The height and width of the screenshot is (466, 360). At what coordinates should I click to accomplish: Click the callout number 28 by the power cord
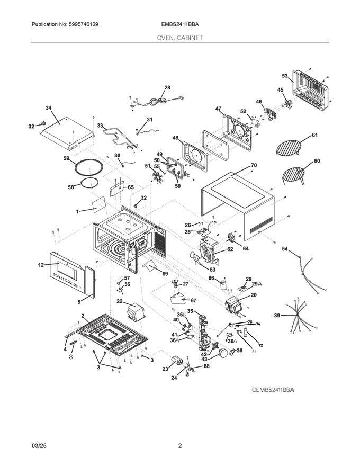tap(167, 88)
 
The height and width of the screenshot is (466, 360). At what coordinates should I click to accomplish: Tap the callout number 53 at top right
tap(284, 76)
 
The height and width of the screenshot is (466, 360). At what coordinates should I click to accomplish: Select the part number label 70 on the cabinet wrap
tap(254, 165)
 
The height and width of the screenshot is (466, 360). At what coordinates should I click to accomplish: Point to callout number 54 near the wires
tap(284, 248)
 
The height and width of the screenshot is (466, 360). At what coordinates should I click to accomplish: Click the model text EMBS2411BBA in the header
tap(180, 24)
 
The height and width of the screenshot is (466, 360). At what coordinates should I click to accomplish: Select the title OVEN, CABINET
tap(180, 38)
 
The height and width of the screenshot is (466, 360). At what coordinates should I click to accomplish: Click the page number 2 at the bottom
tap(180, 446)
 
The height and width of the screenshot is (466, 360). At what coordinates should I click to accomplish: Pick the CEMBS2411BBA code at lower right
tap(273, 389)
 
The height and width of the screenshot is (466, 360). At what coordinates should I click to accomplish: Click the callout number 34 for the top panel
tap(48, 108)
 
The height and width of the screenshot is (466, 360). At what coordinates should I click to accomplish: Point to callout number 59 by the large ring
tap(66, 158)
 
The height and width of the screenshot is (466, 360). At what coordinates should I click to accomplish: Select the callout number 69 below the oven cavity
tap(165, 273)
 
